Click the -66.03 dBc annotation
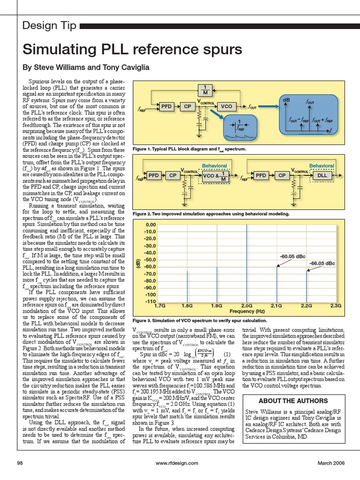(322, 263)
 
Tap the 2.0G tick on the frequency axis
(247, 305)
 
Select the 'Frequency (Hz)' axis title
(247, 311)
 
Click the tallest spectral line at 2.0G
(247, 262)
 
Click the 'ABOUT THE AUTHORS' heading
(293, 401)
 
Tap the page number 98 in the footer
(20, 463)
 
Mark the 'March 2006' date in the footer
(331, 463)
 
